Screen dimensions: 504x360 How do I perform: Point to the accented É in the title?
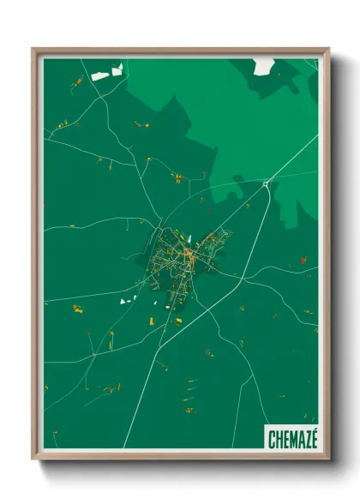[x=314, y=437]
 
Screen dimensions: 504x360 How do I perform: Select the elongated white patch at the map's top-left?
[x=101, y=76]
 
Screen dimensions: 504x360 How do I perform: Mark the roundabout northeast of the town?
[x=267, y=183]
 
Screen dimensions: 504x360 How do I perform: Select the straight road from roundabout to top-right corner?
[x=293, y=159]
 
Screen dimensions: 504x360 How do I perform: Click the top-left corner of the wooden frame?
[x=33, y=50]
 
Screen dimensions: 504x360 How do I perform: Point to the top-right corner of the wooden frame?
[x=327, y=50]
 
